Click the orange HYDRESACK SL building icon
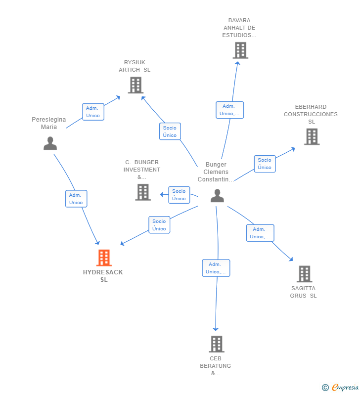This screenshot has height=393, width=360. (x=104, y=258)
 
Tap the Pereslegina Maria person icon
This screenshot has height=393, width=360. (x=50, y=143)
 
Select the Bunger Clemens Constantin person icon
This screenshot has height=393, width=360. (x=217, y=196)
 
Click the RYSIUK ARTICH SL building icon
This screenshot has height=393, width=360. (x=135, y=85)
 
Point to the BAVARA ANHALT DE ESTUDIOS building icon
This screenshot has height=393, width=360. (x=240, y=50)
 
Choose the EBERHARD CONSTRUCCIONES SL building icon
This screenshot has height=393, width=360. (x=312, y=136)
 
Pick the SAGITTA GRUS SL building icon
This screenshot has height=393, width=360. (x=305, y=274)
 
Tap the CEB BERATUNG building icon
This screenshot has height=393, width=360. (x=217, y=344)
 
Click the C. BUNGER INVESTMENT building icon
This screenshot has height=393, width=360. (x=143, y=192)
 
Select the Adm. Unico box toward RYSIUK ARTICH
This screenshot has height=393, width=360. (x=93, y=112)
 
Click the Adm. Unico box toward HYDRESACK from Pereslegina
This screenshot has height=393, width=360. (x=76, y=199)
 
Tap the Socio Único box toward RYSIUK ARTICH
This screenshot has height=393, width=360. (x=170, y=131)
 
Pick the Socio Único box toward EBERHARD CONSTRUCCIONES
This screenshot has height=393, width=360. (x=265, y=164)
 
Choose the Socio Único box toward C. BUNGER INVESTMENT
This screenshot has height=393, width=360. (x=179, y=195)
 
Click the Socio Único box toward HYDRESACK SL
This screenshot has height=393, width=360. (x=159, y=225)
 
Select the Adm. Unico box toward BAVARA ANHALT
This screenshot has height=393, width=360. (x=229, y=110)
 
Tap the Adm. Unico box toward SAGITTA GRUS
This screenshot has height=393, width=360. (x=260, y=233)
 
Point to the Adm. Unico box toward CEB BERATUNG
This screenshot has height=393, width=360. (x=216, y=268)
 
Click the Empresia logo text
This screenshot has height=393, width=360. (x=345, y=388)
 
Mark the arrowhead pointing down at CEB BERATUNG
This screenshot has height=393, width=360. (x=216, y=329)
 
